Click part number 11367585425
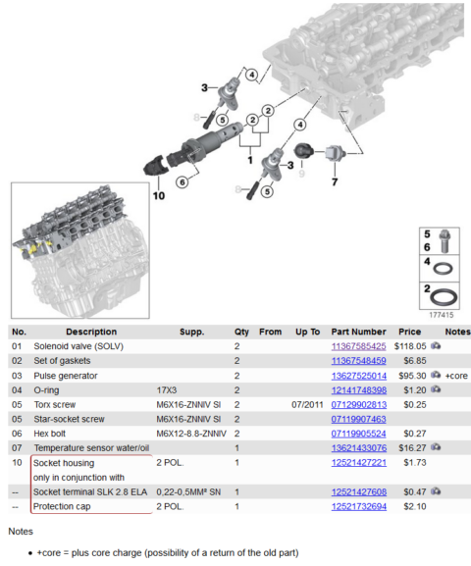coord(358,346)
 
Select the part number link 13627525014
coord(358,375)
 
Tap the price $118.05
coord(409,346)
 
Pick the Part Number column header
coord(358,332)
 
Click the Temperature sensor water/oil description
coord(91,447)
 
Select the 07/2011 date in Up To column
coord(307,404)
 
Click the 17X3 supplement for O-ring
coord(169,389)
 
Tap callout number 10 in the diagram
coord(158,194)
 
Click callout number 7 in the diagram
coord(334,182)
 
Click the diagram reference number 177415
coord(441,316)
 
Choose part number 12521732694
coord(358,506)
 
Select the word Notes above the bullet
coord(21,531)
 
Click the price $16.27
coord(409,447)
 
